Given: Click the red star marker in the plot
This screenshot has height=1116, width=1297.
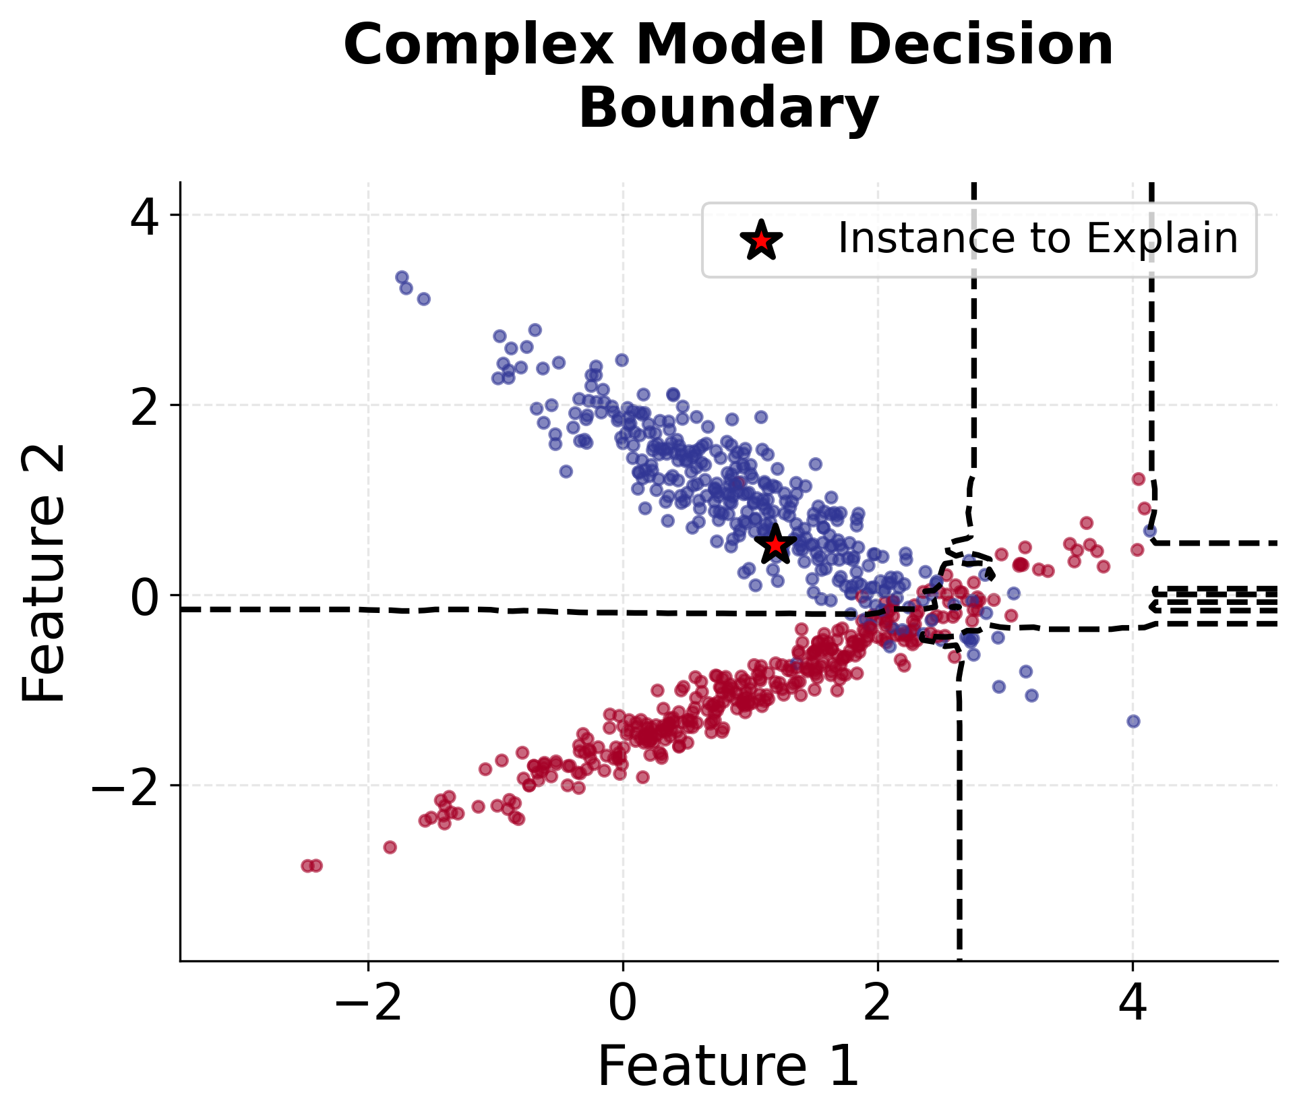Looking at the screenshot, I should point(775,544).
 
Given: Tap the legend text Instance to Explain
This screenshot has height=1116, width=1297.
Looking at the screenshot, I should point(1037,239).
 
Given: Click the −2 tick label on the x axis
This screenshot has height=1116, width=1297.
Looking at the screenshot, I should point(368,1003).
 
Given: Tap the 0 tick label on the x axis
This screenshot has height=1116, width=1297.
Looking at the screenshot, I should point(622,1003).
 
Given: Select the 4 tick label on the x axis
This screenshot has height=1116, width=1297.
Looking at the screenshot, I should point(1133,1003).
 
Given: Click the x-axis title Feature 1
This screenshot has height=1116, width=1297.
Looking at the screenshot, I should point(729,1066).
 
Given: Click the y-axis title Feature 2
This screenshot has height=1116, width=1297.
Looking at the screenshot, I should point(43,574).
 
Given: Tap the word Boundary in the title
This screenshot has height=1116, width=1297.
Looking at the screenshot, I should point(729,109).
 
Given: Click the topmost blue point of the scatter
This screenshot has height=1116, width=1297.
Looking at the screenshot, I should point(402,277).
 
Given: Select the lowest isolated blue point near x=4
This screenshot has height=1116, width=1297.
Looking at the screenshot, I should point(1133,721).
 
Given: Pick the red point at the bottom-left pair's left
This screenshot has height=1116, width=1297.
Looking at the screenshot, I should point(307,865).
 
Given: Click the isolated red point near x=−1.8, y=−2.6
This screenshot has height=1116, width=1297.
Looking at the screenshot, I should point(390,847).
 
